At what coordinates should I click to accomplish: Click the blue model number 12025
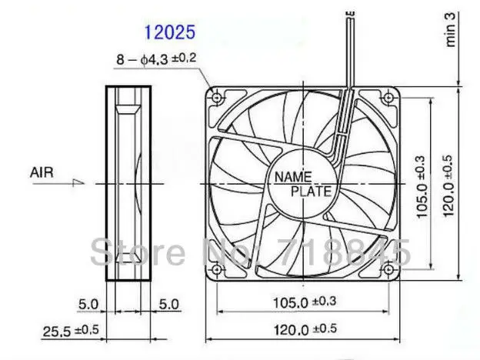pyautogui.click(x=169, y=32)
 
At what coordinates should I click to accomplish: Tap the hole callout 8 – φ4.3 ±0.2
pyautogui.click(x=156, y=58)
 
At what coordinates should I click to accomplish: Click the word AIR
pyautogui.click(x=42, y=172)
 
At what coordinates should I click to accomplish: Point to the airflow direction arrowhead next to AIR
pyautogui.click(x=78, y=183)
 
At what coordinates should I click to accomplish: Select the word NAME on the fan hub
pyautogui.click(x=293, y=177)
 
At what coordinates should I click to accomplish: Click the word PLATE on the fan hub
pyautogui.click(x=311, y=192)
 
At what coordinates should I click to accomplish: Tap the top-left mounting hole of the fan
pyautogui.click(x=217, y=98)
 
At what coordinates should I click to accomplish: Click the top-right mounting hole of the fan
pyautogui.click(x=388, y=98)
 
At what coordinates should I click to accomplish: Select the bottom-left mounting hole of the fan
pyautogui.click(x=217, y=269)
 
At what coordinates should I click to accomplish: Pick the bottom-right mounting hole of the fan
pyautogui.click(x=388, y=269)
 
